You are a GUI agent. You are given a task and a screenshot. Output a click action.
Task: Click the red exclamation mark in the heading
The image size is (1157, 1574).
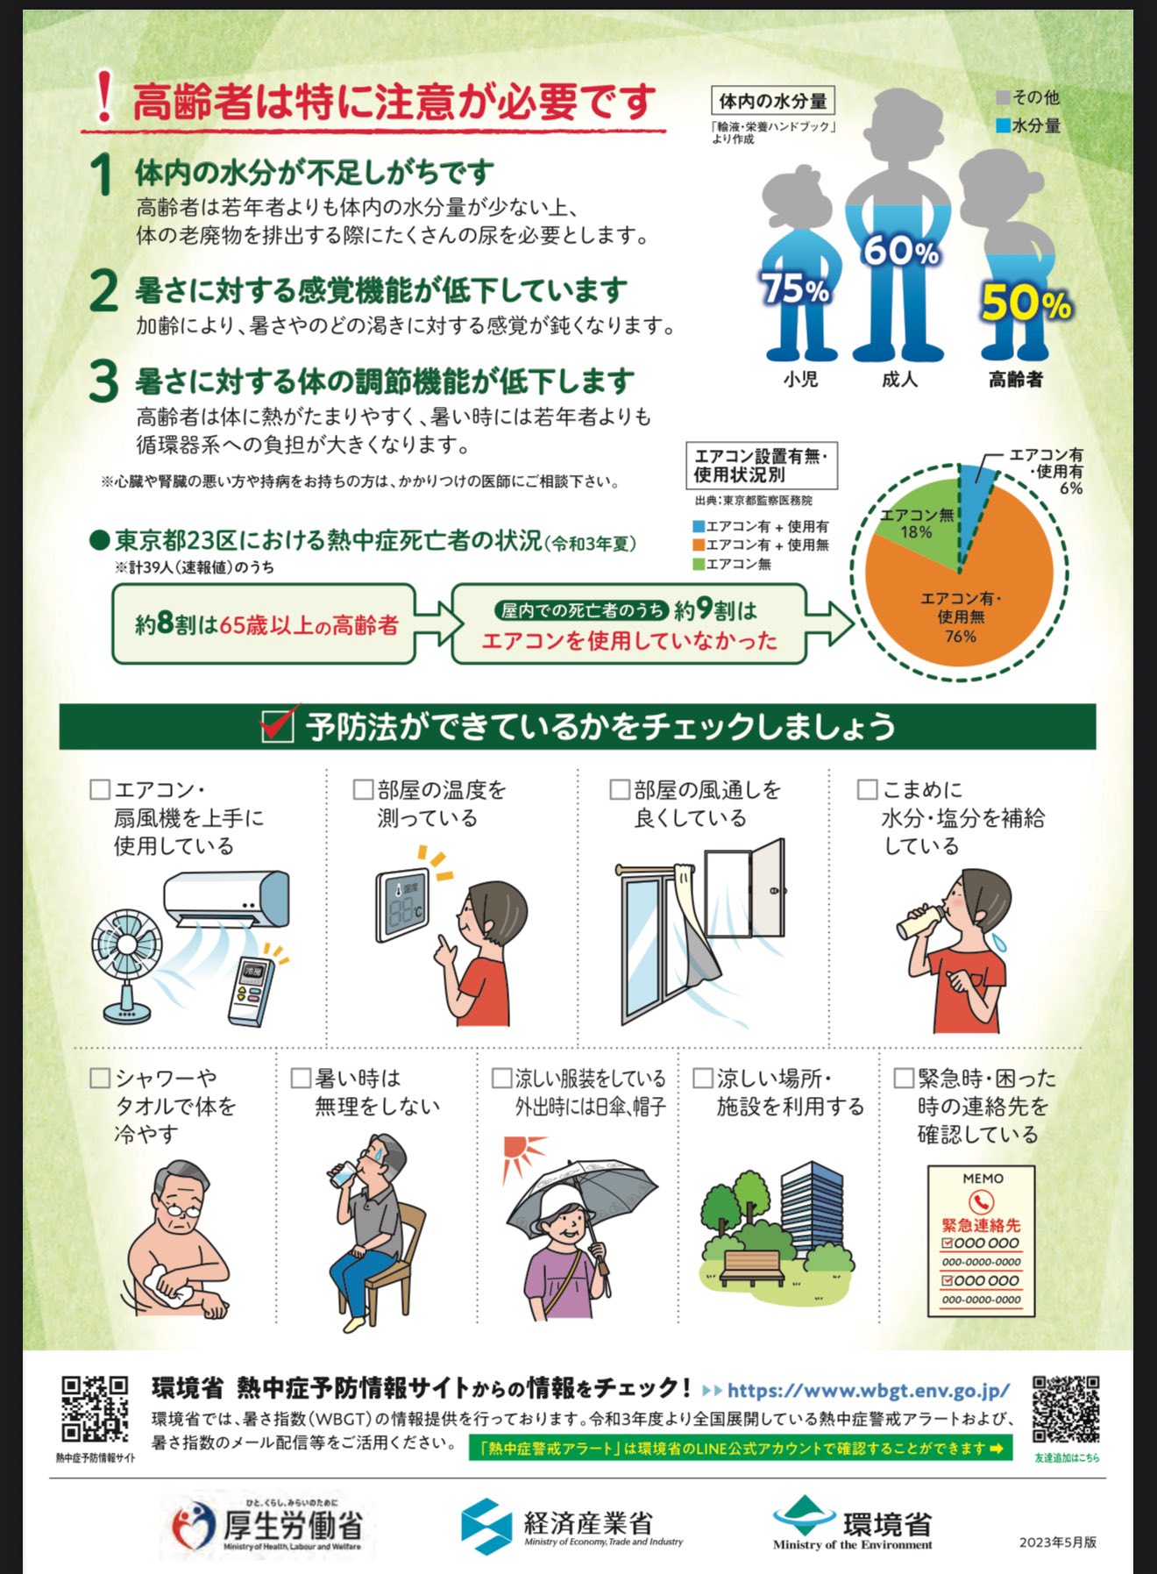tap(104, 96)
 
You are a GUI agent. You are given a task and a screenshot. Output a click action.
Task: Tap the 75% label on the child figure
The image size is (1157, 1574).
tap(794, 288)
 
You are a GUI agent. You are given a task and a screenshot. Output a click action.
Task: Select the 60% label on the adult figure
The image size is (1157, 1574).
tap(900, 252)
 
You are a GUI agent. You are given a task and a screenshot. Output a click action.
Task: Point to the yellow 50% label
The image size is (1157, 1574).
tap(1026, 303)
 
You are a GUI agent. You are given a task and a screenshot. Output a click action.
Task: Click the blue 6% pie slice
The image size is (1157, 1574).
tap(975, 491)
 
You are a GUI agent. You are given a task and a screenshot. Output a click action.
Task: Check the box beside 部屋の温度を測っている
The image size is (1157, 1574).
tap(363, 789)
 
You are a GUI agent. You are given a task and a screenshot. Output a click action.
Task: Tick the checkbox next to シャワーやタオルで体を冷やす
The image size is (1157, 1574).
tap(100, 1078)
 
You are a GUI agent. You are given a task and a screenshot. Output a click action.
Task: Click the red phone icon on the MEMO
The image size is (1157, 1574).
tap(980, 1201)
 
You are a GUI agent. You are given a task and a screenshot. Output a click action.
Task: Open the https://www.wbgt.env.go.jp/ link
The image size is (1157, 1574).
tap(868, 1391)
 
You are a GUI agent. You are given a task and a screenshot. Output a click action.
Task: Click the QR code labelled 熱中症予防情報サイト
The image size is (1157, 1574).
tap(95, 1408)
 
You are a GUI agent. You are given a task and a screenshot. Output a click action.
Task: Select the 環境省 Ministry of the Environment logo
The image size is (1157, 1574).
tap(852, 1524)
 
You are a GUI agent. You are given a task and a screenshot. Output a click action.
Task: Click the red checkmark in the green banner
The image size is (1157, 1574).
tap(280, 724)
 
